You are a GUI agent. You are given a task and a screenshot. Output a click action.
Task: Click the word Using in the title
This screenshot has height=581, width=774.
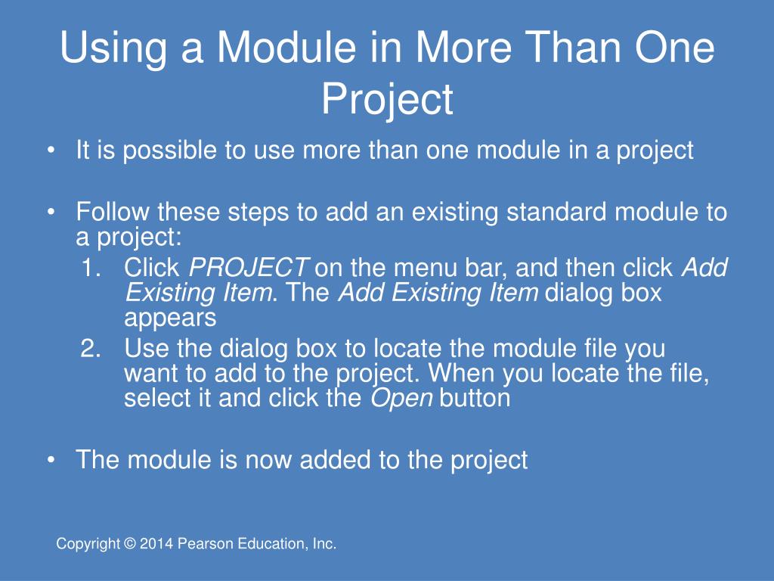[x=113, y=48]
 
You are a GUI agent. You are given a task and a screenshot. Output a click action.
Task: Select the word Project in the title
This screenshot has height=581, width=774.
[x=388, y=101]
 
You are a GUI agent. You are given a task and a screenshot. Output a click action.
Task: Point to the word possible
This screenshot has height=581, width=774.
[x=169, y=151]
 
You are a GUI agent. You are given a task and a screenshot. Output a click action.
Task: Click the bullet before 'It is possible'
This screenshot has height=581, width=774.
[x=51, y=151]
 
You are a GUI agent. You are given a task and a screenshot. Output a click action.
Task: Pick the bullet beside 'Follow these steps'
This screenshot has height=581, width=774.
[x=51, y=213]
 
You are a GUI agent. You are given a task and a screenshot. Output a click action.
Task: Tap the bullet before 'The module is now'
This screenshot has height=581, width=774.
[x=51, y=460]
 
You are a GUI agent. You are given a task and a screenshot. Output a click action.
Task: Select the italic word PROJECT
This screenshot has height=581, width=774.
[x=249, y=267]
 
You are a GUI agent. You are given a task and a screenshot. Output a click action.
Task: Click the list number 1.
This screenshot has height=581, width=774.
[x=91, y=268]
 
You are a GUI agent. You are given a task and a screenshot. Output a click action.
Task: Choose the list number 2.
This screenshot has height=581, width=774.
[x=91, y=348]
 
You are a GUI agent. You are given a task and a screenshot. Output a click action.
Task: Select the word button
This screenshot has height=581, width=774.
[x=475, y=398]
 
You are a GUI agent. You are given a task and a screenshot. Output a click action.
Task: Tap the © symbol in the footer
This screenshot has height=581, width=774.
[x=130, y=544]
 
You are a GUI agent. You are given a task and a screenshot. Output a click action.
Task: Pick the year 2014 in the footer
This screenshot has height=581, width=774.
[x=156, y=544]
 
